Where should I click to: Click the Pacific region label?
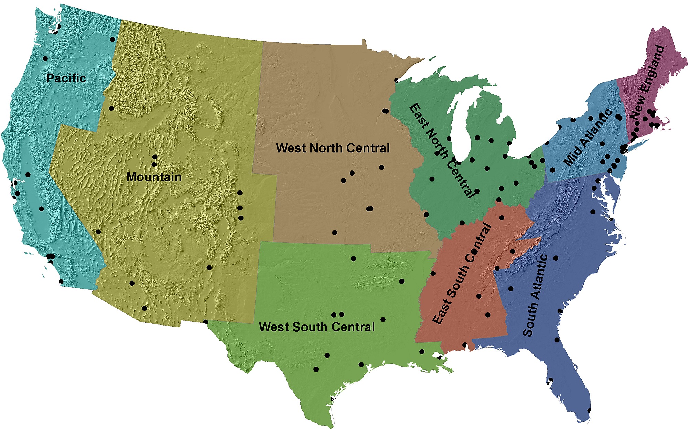(66, 78)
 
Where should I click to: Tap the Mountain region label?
(154, 177)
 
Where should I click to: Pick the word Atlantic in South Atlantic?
(539, 277)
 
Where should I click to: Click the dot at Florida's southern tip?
(589, 410)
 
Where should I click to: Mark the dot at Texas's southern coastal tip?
(332, 399)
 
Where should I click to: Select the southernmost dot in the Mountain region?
(205, 322)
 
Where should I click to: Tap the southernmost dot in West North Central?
(335, 233)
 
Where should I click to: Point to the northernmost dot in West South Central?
(353, 259)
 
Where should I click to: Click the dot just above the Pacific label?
(45, 59)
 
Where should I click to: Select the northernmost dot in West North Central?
(397, 80)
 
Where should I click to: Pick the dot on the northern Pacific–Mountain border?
(112, 40)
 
